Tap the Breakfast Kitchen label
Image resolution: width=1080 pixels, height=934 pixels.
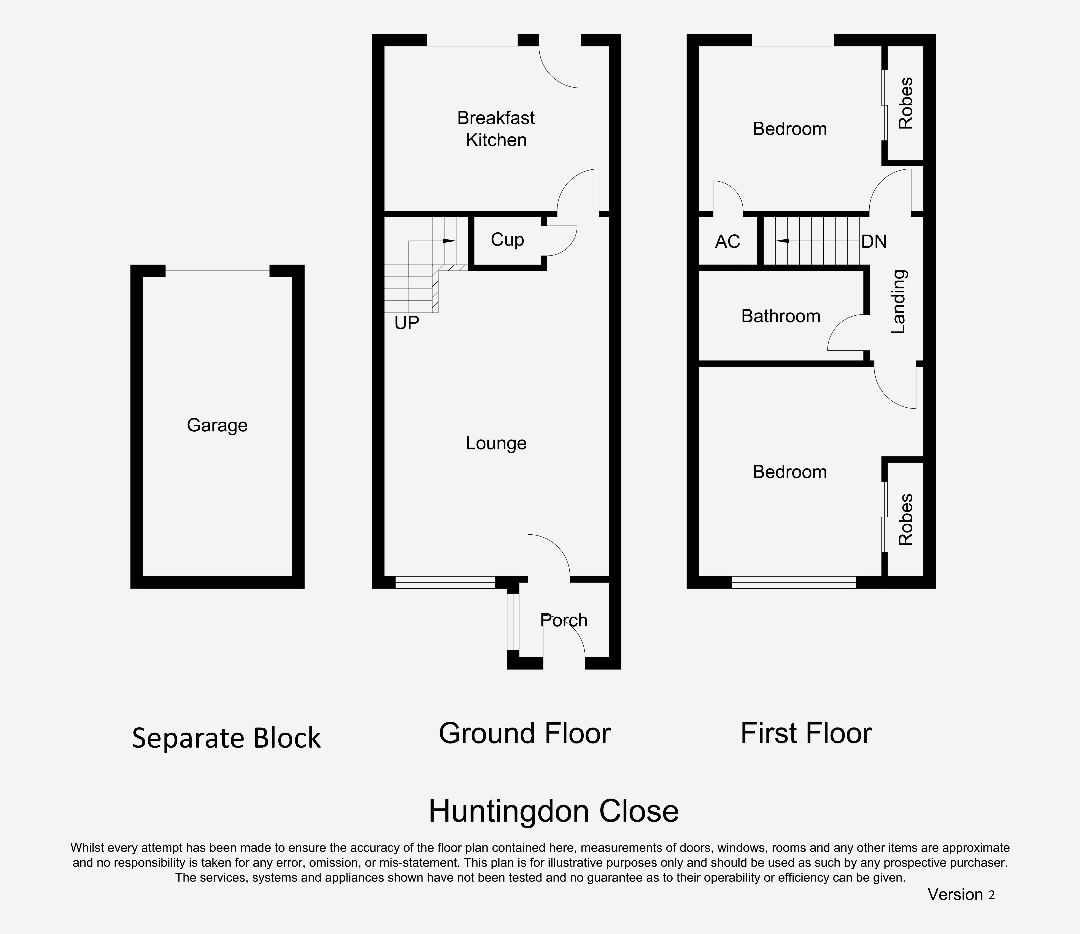[x=496, y=129]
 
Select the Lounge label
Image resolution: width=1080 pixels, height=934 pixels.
[x=496, y=443]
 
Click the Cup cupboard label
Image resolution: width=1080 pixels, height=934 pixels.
[x=507, y=240]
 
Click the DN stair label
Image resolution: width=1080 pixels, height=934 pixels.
[x=874, y=241]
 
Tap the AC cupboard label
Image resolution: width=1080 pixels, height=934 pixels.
[x=728, y=241]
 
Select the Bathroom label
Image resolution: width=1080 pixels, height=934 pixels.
[x=781, y=316]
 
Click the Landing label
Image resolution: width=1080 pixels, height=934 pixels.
[x=899, y=302]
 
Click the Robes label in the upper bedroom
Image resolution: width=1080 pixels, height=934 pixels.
[x=906, y=103]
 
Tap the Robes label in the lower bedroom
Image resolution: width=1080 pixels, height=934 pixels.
[x=906, y=520]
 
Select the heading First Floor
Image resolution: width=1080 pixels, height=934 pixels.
[x=806, y=733]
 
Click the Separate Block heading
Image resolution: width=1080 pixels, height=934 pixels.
[x=226, y=738]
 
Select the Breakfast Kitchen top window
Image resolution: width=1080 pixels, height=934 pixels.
[x=472, y=40]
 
